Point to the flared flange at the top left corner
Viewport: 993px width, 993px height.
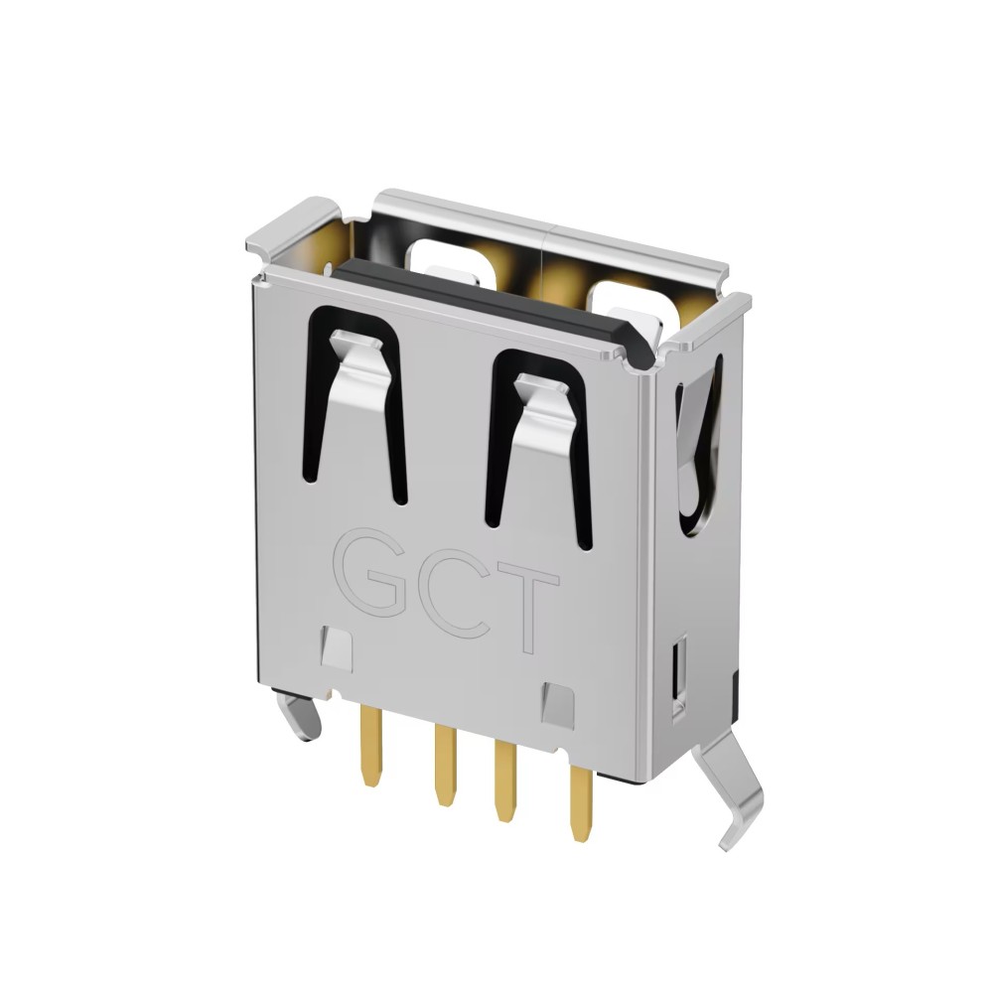coord(287,224)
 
